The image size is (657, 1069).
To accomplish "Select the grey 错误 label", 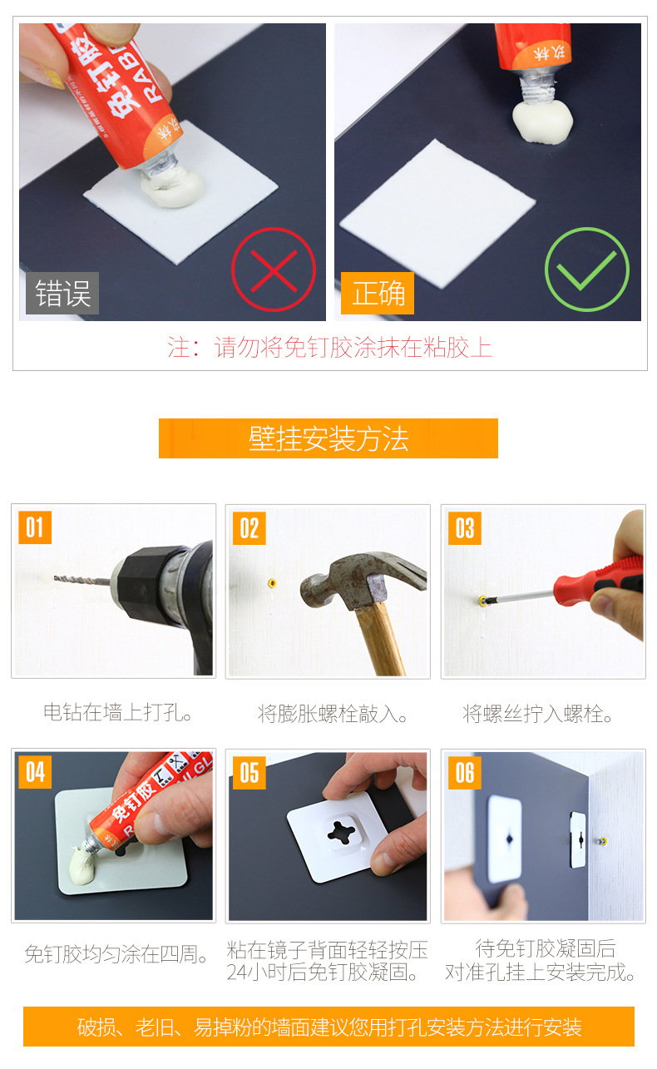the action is click(x=62, y=293).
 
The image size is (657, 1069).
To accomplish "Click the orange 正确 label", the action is click(x=378, y=293).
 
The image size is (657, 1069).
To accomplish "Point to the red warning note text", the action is click(x=329, y=347).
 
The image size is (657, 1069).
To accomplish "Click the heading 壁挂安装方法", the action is click(x=328, y=438).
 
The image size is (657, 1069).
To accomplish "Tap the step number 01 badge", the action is click(x=35, y=527).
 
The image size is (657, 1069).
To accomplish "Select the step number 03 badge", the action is click(x=465, y=528).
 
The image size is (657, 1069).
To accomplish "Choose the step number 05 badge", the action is click(x=249, y=773).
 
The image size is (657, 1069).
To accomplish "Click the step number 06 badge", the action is click(x=465, y=773).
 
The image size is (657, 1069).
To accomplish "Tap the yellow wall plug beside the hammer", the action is click(x=272, y=582).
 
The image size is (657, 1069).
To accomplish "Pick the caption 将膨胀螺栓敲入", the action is click(x=332, y=714).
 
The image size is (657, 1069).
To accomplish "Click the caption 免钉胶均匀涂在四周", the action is click(x=116, y=954).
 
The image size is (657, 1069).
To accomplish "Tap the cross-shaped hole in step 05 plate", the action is click(x=342, y=832).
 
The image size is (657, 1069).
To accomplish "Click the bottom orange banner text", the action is click(x=329, y=1027).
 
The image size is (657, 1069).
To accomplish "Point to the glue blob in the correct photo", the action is click(x=542, y=121).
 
